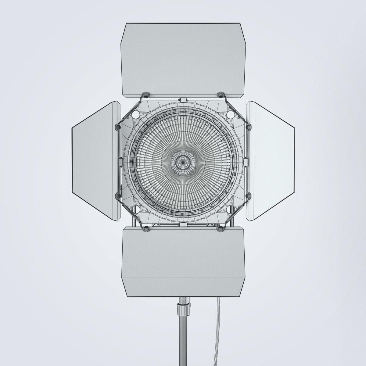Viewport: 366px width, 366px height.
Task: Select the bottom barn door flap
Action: click(183, 262)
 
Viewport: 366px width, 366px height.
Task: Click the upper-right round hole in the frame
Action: click(231, 114)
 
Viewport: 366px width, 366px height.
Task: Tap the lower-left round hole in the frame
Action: click(135, 209)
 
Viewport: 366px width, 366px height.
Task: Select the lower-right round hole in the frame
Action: click(231, 209)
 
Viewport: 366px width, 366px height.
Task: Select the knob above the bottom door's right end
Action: click(219, 228)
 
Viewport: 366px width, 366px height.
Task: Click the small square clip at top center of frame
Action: click(183, 100)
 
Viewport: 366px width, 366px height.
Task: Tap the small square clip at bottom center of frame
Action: click(183, 225)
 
